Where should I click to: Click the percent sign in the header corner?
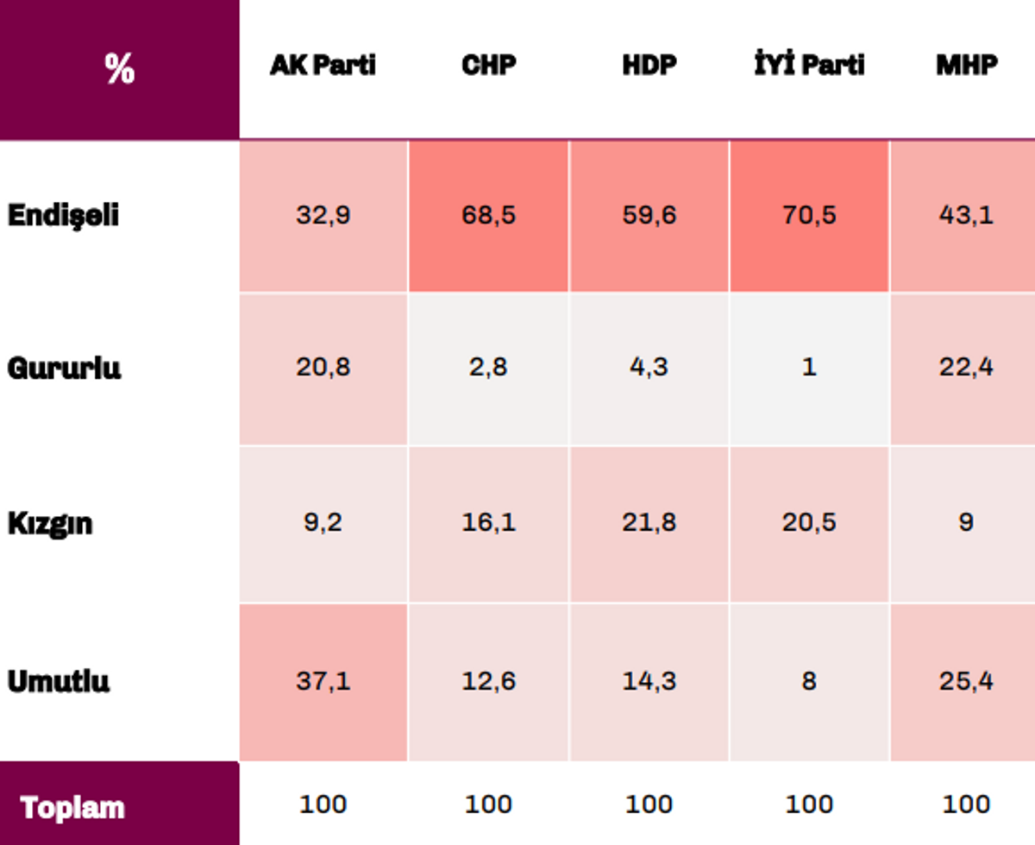(119, 69)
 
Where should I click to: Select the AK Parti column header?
(323, 65)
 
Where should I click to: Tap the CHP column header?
(489, 65)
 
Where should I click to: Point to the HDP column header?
(649, 65)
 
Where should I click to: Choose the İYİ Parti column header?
(809, 63)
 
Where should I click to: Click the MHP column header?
(967, 65)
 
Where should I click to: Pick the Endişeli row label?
(63, 216)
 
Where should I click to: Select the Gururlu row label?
(64, 369)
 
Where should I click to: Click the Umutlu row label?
(59, 681)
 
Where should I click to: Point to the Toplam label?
(72, 808)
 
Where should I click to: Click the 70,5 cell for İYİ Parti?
(809, 215)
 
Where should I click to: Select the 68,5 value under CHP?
(489, 215)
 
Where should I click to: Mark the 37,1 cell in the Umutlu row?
(323, 681)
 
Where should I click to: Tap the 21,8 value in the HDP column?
(649, 522)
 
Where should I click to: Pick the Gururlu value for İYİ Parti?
(809, 367)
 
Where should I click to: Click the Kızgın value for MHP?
(966, 522)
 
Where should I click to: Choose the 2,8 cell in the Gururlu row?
(488, 367)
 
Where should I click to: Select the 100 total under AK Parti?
(323, 804)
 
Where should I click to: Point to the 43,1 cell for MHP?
(966, 215)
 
